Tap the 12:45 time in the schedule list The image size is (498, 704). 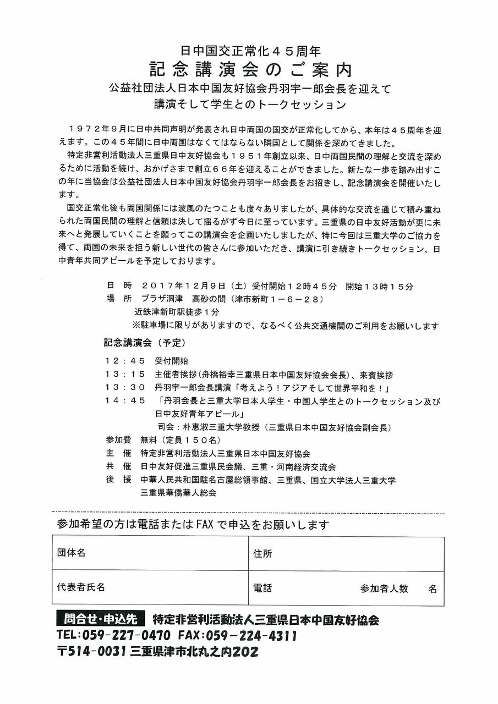pos(125,361)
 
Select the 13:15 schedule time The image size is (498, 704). pos(125,375)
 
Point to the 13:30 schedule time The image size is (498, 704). pos(125,388)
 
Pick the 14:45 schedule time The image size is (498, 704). pos(125,401)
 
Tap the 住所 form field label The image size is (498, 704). pos(262,553)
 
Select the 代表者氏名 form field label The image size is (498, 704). pos(80,587)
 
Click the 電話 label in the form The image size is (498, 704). pos(262,588)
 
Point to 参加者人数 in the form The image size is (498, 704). pos(384,588)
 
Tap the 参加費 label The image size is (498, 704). pos(116,441)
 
